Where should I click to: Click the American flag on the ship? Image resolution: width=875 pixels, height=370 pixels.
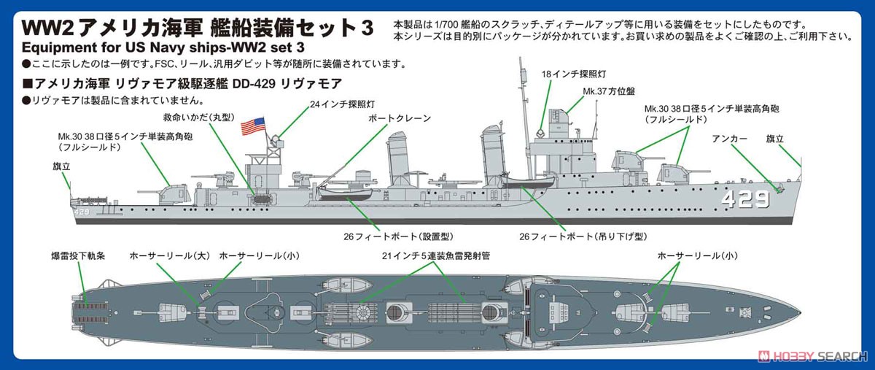click(252, 127)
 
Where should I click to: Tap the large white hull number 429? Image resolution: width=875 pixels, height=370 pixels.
click(745, 199)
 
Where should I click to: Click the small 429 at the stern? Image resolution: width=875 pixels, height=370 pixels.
click(82, 212)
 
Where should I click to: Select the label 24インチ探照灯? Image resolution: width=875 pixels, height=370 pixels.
click(343, 104)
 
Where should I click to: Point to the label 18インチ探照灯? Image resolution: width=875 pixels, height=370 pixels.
click(574, 74)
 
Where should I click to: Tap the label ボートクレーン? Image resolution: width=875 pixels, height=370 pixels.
click(400, 118)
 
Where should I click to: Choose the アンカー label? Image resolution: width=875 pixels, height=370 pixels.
click(729, 139)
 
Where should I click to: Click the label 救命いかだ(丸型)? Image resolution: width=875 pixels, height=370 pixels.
click(199, 117)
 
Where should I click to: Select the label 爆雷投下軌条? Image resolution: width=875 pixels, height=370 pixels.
click(78, 256)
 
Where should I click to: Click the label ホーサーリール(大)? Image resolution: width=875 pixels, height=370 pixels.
click(170, 256)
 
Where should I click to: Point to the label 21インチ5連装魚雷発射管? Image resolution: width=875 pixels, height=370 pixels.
click(436, 256)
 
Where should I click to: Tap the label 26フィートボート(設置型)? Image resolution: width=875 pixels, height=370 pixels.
click(398, 236)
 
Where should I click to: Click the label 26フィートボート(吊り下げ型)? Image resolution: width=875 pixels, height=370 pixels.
click(583, 236)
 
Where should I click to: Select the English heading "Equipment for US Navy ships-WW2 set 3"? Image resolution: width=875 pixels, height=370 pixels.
click(163, 47)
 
